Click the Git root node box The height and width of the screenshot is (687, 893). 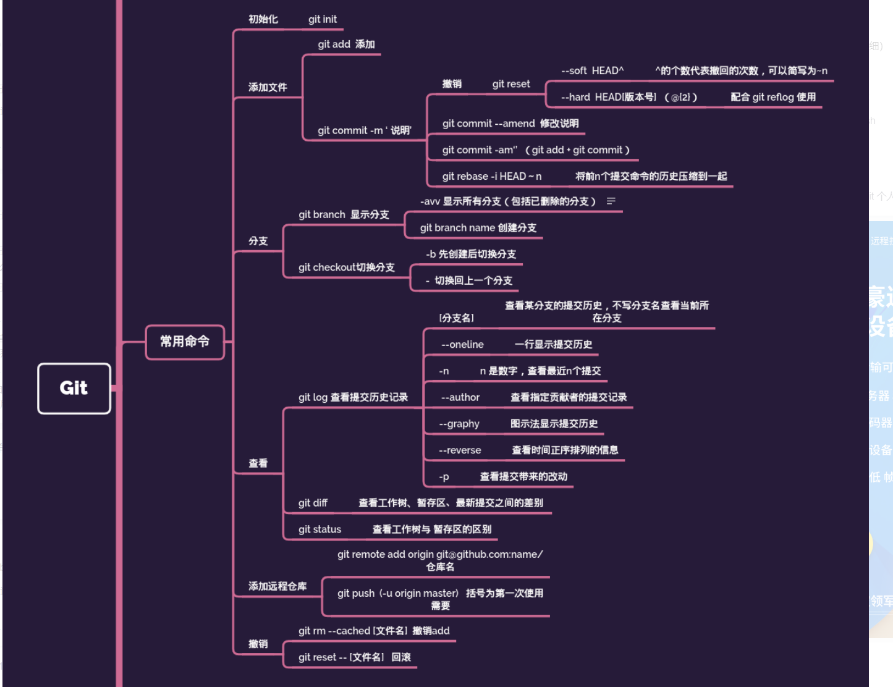tap(74, 388)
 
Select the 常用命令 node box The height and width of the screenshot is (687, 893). tap(185, 342)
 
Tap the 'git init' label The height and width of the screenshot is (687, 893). tap(323, 19)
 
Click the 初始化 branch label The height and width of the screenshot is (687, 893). tap(263, 19)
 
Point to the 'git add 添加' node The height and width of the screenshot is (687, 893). tap(346, 44)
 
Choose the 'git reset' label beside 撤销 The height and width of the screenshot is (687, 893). tap(511, 84)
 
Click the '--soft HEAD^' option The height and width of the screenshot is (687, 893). tap(592, 70)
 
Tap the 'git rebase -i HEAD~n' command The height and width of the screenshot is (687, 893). tap(492, 177)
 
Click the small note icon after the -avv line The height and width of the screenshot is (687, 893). tap(611, 201)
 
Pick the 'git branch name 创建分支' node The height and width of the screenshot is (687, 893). tap(478, 228)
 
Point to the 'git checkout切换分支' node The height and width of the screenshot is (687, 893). tap(346, 268)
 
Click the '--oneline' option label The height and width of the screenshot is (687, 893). tap(462, 345)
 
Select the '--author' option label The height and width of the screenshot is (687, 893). tap(460, 397)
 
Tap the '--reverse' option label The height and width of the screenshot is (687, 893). tap(460, 450)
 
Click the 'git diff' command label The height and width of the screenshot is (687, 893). tap(313, 503)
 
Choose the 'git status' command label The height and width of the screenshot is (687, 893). tap(320, 529)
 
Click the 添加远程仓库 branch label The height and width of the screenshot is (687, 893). tap(277, 586)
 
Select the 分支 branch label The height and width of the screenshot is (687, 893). tap(258, 241)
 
